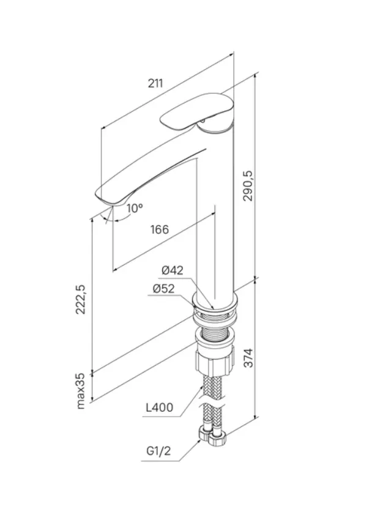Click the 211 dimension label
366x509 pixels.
pyautogui.click(x=155, y=83)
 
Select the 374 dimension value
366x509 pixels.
pyautogui.click(x=248, y=358)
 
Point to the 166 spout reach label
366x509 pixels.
pyautogui.click(x=160, y=229)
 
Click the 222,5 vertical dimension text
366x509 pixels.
pyautogui.click(x=80, y=299)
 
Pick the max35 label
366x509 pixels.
pyautogui.click(x=80, y=390)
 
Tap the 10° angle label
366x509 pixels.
pyautogui.click(x=135, y=208)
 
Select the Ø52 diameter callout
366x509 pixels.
pyautogui.click(x=163, y=288)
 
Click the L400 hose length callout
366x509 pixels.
pyautogui.click(x=160, y=407)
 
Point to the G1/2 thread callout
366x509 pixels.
pyautogui.click(x=159, y=451)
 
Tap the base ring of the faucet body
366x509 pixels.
pyautogui.click(x=215, y=303)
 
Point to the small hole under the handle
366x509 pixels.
pyautogui.click(x=203, y=121)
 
